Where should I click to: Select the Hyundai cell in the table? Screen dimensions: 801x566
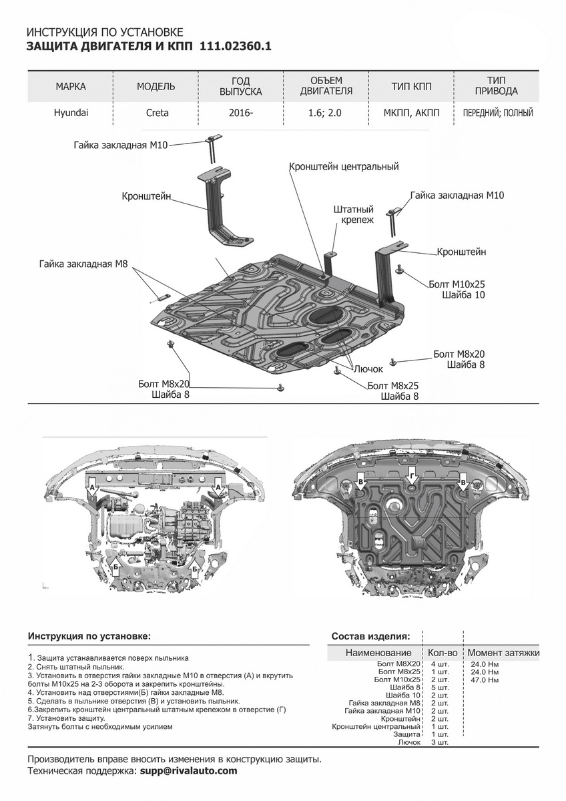tap(71, 113)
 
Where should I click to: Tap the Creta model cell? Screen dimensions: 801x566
tap(157, 113)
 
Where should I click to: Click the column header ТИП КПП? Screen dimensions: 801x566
tap(411, 87)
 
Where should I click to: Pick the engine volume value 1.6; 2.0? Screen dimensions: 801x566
tap(325, 113)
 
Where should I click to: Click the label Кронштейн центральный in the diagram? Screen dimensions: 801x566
tap(343, 166)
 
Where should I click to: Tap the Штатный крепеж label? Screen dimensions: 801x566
tap(353, 214)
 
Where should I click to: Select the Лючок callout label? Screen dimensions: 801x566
tap(368, 368)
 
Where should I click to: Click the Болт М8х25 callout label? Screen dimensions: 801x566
tap(393, 386)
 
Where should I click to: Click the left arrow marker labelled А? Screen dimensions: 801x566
tap(91, 489)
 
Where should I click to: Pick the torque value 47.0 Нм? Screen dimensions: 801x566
tap(484, 680)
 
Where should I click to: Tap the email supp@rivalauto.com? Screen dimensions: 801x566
tap(187, 770)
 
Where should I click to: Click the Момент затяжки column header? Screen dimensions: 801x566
tap(503, 652)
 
